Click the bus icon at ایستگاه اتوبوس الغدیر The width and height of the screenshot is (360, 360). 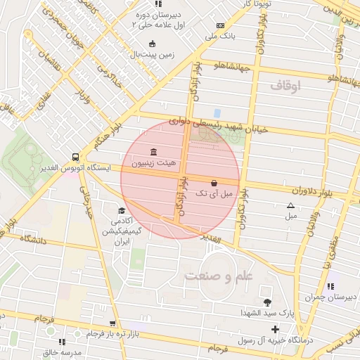click(x=75, y=157)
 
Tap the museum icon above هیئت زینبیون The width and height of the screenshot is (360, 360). click(x=154, y=153)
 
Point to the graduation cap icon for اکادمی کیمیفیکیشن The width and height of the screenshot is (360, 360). click(x=122, y=210)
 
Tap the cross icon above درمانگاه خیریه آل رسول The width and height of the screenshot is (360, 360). click(x=275, y=328)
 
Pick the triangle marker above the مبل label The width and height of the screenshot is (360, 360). click(x=291, y=205)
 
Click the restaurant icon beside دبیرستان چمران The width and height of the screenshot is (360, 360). click(x=330, y=286)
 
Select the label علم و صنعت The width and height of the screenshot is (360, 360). click(x=219, y=276)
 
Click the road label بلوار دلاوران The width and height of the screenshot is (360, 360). click(x=307, y=191)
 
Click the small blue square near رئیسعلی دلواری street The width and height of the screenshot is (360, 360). click(x=217, y=112)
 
